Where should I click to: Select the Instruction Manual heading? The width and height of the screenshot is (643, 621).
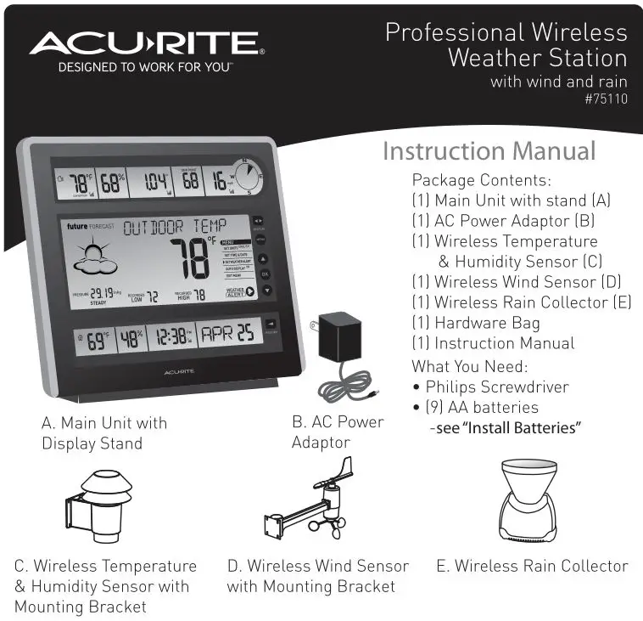click(x=489, y=151)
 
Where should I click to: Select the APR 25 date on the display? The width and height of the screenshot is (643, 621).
click(x=226, y=334)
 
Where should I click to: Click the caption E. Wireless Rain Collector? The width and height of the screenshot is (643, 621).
click(x=532, y=566)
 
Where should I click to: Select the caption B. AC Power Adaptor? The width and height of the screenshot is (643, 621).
click(x=338, y=432)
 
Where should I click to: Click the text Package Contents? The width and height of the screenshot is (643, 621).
click(x=481, y=180)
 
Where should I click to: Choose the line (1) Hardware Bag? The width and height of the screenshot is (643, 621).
click(x=475, y=323)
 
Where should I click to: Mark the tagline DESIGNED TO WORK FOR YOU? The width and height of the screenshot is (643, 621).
click(x=145, y=68)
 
